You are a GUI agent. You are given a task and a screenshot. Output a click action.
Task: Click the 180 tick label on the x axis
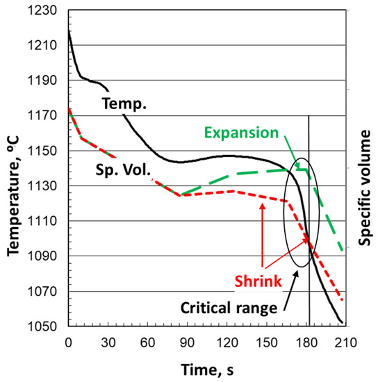coord(306,341)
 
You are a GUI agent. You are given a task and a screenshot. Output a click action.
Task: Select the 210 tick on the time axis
coord(345,341)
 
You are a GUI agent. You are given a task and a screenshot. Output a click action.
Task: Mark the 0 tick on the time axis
coord(68,341)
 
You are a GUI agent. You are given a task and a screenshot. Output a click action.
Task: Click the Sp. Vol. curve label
coord(122,167)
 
